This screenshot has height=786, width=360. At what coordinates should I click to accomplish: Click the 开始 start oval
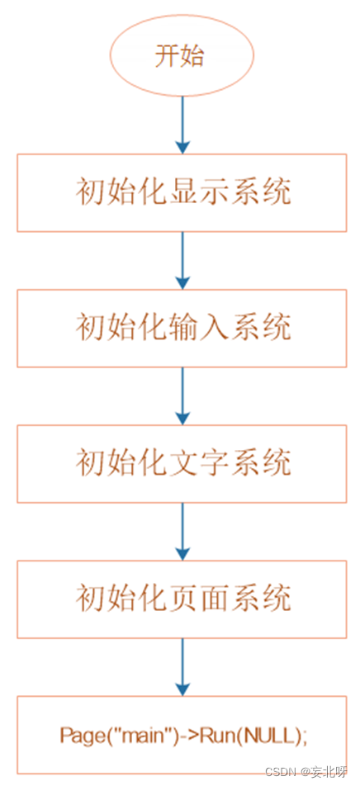(182, 55)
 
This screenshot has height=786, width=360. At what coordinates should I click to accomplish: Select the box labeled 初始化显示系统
(182, 193)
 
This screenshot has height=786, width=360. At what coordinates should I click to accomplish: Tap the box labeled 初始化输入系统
(182, 329)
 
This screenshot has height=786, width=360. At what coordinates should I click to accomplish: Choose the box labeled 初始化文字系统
(182, 464)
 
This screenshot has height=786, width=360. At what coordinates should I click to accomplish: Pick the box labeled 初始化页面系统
(182, 599)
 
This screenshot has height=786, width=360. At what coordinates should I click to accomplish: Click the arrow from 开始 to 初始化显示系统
(182, 125)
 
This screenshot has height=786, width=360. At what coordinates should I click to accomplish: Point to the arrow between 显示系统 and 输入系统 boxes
(182, 261)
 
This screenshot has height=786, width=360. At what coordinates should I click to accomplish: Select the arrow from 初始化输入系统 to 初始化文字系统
(182, 396)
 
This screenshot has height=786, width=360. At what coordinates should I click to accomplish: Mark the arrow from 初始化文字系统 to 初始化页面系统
(182, 532)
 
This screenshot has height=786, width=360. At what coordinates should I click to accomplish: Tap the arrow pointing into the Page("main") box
(182, 667)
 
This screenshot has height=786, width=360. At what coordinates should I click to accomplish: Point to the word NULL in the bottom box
(272, 736)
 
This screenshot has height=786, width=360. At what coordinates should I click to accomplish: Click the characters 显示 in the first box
(201, 193)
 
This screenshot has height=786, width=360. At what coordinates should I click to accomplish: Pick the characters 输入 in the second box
(201, 329)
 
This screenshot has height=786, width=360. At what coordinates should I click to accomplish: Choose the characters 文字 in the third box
(201, 464)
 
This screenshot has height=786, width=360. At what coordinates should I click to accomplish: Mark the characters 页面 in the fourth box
(201, 599)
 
